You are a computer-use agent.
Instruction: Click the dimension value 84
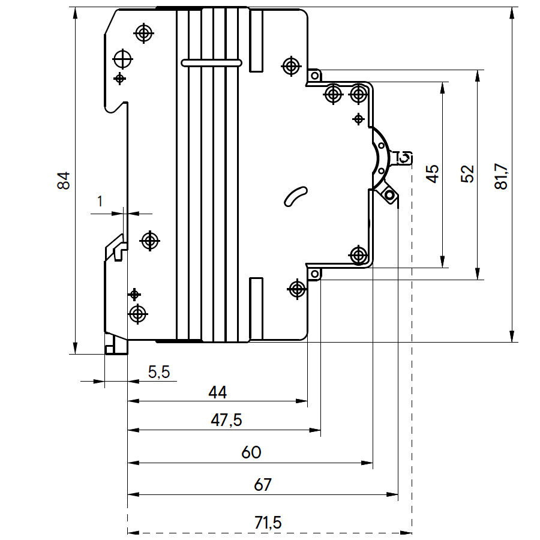64,181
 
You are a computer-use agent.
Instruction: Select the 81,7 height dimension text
502,176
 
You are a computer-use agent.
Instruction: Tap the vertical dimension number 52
468,173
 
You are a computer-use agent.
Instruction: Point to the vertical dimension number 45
433,173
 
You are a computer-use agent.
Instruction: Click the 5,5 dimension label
159,372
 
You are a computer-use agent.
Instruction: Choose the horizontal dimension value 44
218,392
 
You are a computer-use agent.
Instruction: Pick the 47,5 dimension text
226,421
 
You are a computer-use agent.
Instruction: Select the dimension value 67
263,485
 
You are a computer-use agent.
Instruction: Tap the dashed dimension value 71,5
268,523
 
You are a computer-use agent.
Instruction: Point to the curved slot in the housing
295,196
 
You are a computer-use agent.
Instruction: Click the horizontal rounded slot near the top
211,62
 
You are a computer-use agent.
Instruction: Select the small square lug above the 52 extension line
314,76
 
